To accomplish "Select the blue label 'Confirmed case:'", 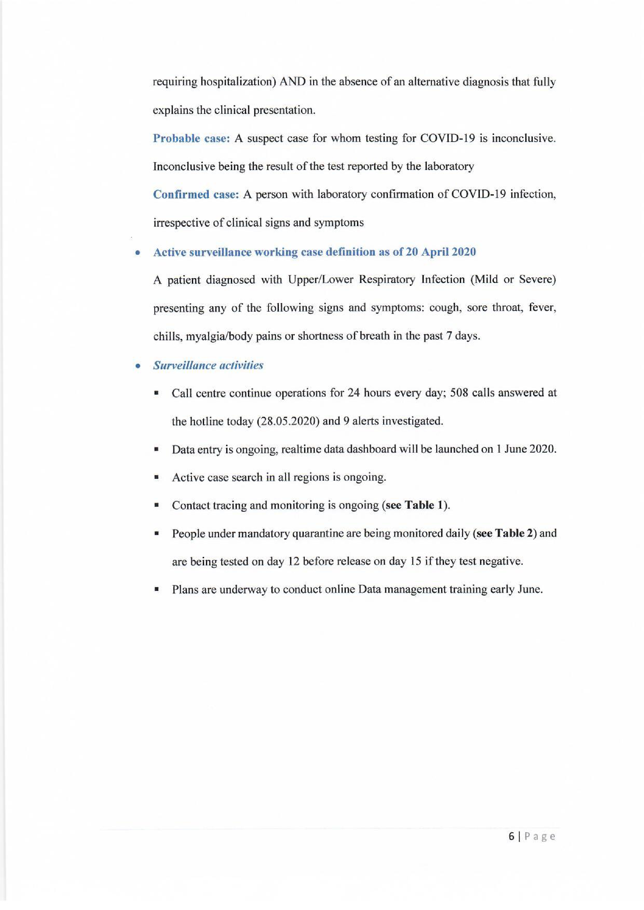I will [x=195, y=194].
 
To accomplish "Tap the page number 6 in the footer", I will [x=512, y=837].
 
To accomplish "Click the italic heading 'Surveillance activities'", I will [x=208, y=365].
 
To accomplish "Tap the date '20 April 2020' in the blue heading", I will [x=440, y=252].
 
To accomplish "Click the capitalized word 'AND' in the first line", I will [x=293, y=82].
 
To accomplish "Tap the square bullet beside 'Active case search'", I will [x=157, y=478].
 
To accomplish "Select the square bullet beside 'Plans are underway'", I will [x=157, y=590].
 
